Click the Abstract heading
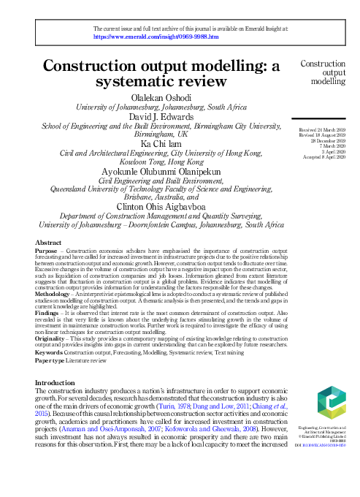[47, 242]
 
